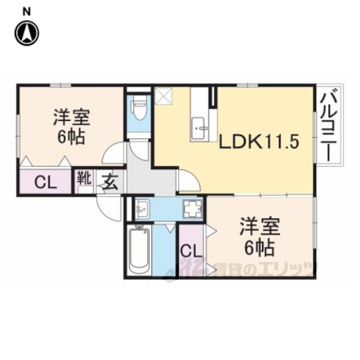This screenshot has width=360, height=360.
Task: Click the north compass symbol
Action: tap(27, 33)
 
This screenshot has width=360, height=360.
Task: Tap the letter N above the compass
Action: tap(26, 11)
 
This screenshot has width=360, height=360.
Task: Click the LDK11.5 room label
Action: tap(259, 142)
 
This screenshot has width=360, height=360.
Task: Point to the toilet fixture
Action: tap(139, 107)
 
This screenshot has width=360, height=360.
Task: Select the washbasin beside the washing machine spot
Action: tap(142, 209)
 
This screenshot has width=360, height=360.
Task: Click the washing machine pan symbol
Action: tap(192, 209)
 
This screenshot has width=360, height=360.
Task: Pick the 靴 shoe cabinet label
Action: tap(84, 178)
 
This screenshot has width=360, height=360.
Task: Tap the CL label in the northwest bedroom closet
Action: tap(46, 182)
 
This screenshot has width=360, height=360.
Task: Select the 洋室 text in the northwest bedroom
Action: tap(71, 118)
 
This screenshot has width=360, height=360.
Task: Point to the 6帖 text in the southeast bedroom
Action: tap(259, 249)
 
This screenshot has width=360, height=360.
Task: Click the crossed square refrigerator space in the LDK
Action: tap(164, 96)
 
